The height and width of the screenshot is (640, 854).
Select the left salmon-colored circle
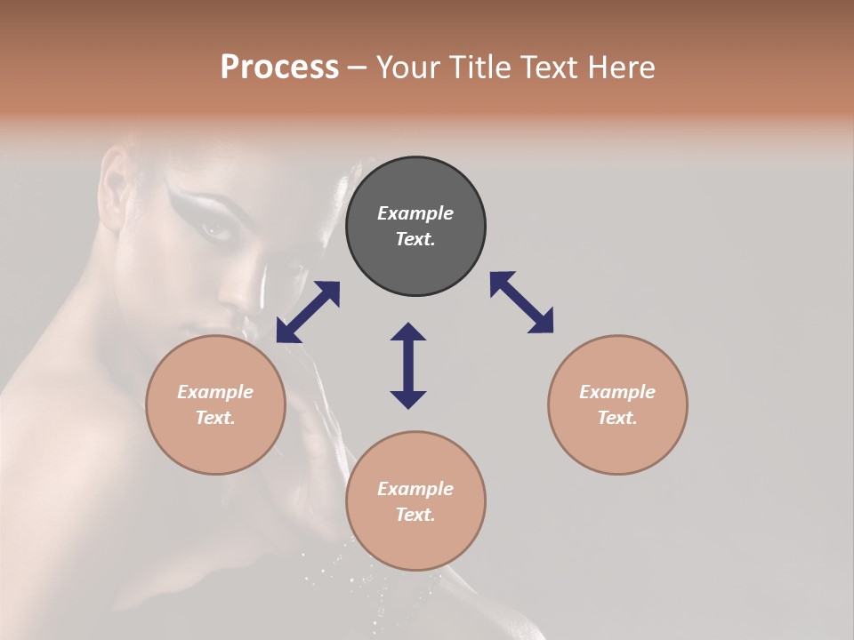click(215, 404)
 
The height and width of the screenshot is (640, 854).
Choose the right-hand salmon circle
click(617, 404)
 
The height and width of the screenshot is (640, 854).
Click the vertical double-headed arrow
click(408, 365)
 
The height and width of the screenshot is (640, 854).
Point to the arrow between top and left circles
click(308, 312)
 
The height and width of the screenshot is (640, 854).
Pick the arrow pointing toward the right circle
click(521, 302)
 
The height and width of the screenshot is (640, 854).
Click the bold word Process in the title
click(279, 67)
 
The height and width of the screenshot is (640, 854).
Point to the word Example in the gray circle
click(415, 213)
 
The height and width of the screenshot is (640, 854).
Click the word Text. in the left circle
click(215, 418)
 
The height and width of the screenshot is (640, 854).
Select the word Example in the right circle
click(617, 392)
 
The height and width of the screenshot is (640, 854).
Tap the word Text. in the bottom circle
click(415, 515)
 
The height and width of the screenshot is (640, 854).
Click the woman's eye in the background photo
click(215, 230)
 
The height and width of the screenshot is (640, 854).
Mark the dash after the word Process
click(358, 68)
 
